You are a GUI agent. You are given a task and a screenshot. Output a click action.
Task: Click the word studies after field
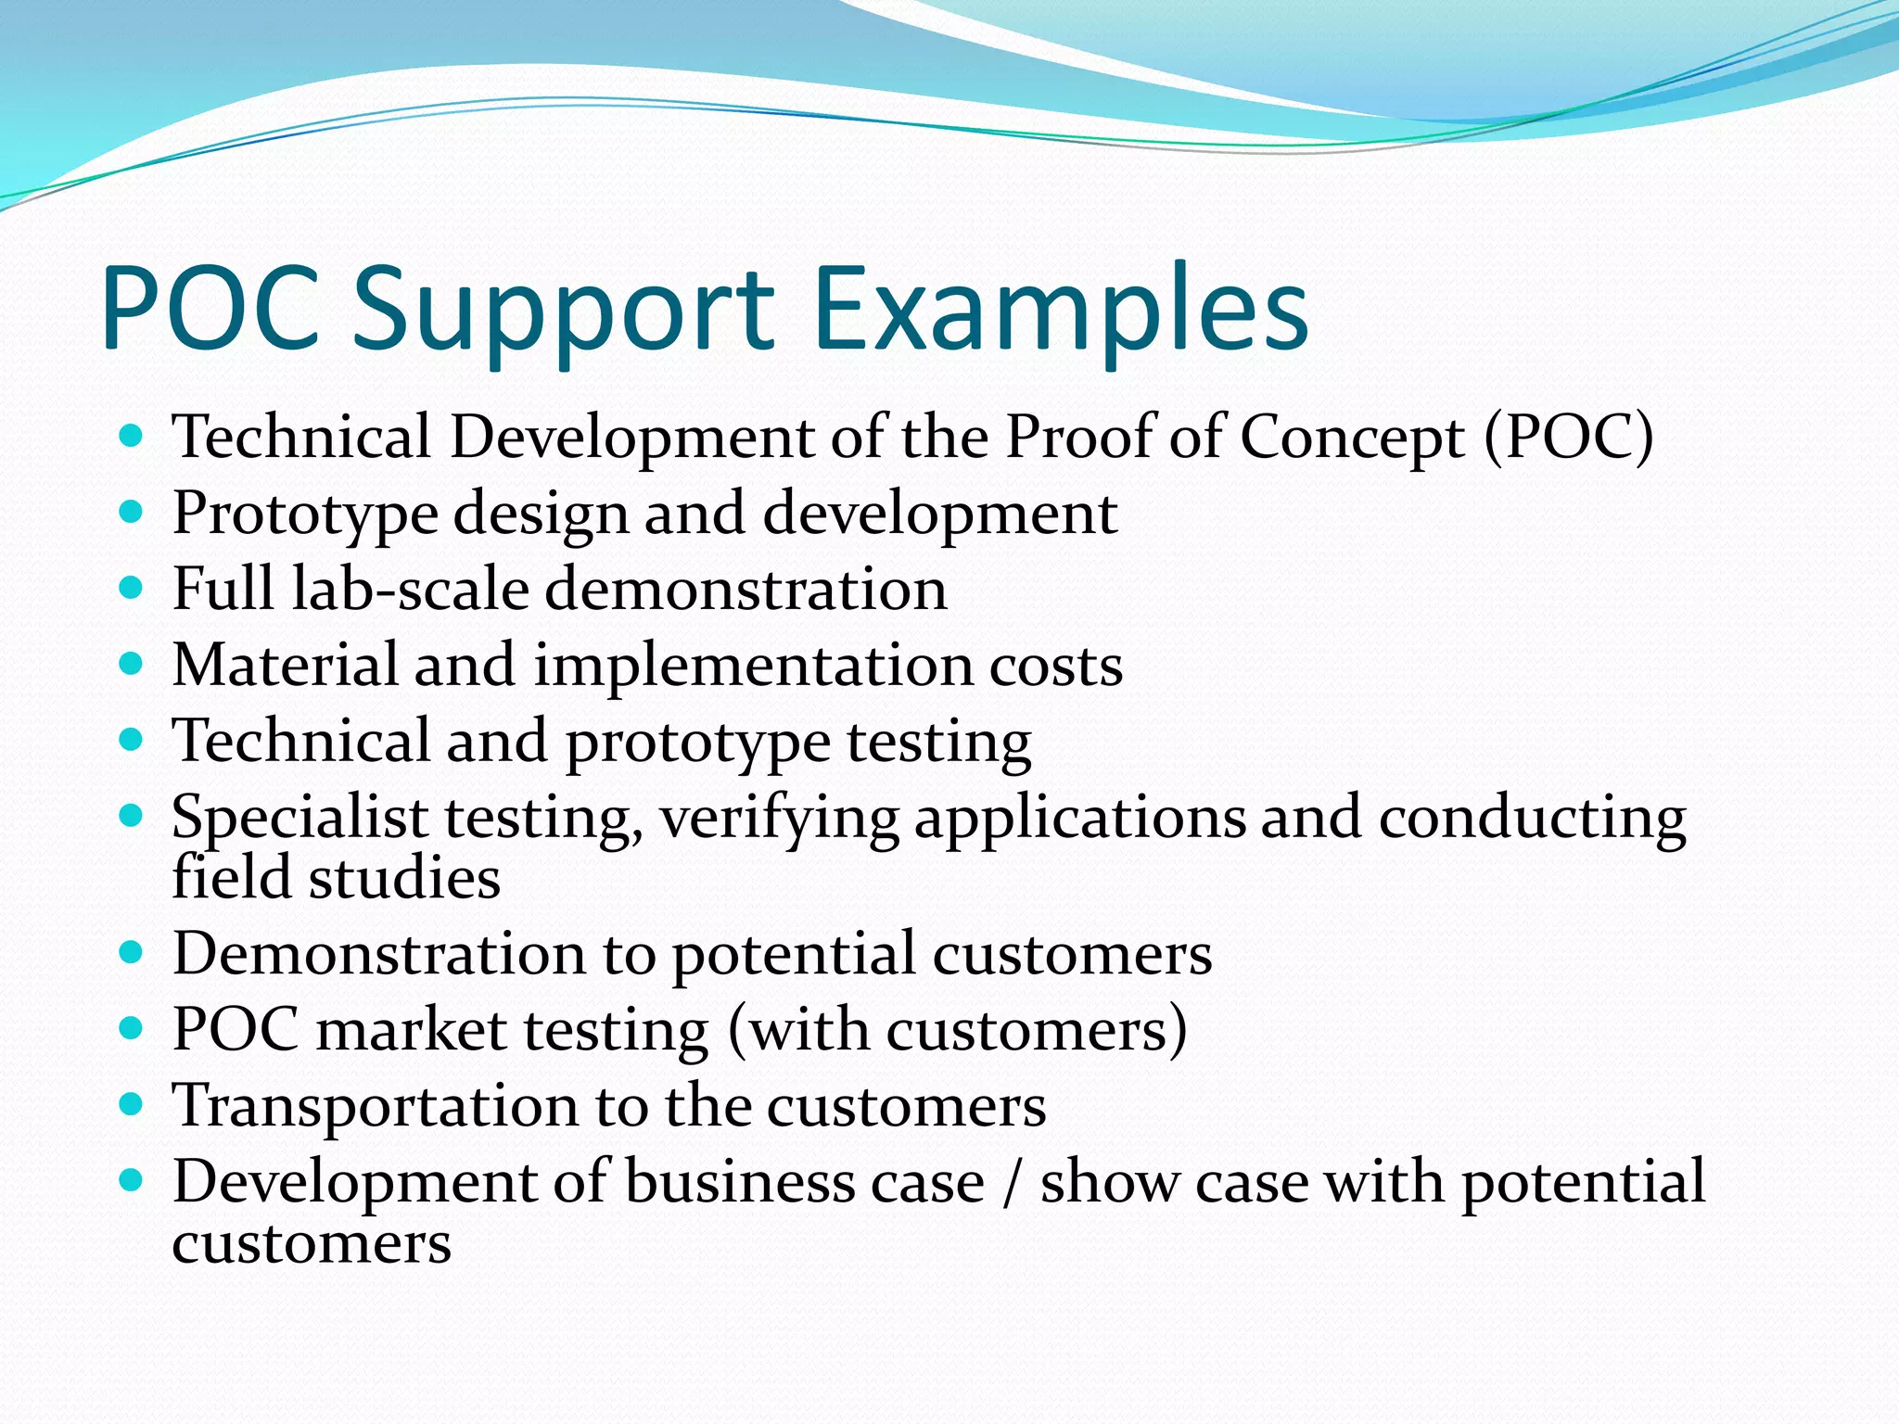coord(404,878)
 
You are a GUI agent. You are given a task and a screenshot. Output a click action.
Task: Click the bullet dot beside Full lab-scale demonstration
coord(132,588)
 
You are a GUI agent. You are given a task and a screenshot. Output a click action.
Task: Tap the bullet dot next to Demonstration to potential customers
coord(132,952)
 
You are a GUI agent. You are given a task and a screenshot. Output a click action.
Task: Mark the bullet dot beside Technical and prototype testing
coord(132,740)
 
